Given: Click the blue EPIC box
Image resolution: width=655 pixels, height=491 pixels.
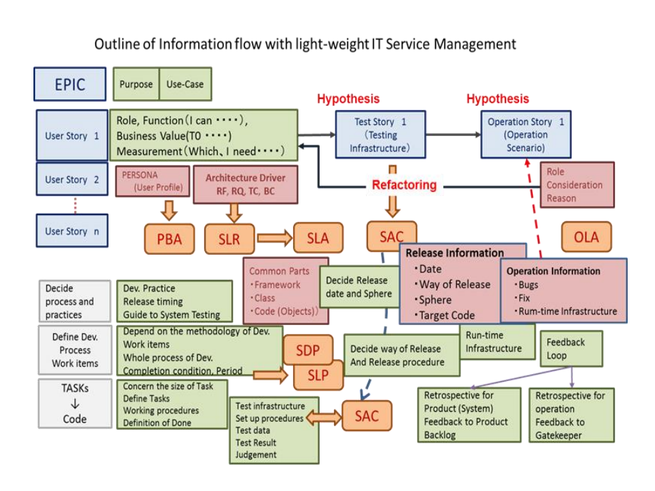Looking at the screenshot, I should click(x=70, y=84).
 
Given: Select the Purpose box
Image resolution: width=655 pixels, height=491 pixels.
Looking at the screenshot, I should click(x=136, y=85).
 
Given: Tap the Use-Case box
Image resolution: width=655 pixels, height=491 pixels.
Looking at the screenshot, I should click(x=185, y=85).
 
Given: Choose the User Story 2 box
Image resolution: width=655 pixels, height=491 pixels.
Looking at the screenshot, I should click(x=72, y=180).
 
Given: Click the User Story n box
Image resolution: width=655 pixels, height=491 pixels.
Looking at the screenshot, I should click(x=72, y=231).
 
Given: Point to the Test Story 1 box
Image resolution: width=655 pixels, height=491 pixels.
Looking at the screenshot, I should click(x=380, y=135).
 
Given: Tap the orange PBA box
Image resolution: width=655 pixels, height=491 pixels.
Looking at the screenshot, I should click(x=169, y=239).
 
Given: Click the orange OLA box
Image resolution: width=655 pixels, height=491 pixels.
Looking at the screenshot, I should click(x=586, y=237).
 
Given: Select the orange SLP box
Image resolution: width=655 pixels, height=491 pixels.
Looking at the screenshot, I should click(x=317, y=375).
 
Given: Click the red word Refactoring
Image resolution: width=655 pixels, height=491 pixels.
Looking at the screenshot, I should click(x=404, y=185).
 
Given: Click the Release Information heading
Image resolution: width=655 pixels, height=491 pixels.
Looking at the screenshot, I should click(x=454, y=253).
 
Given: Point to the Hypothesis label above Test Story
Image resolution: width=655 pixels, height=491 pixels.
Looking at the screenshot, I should click(x=348, y=99).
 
